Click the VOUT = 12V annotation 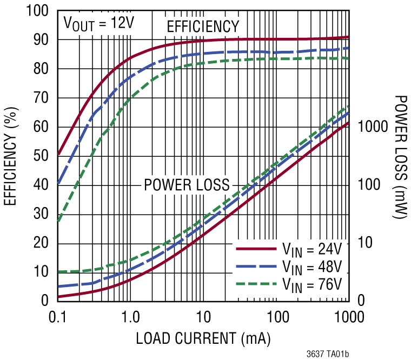(x=98, y=24)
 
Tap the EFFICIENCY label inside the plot (x=202, y=26)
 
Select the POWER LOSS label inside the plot (x=187, y=185)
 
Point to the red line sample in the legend (x=256, y=249)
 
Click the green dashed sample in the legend (x=256, y=283)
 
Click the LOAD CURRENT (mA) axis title (x=203, y=339)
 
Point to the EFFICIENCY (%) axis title (x=10, y=155)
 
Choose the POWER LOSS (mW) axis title (x=400, y=157)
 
